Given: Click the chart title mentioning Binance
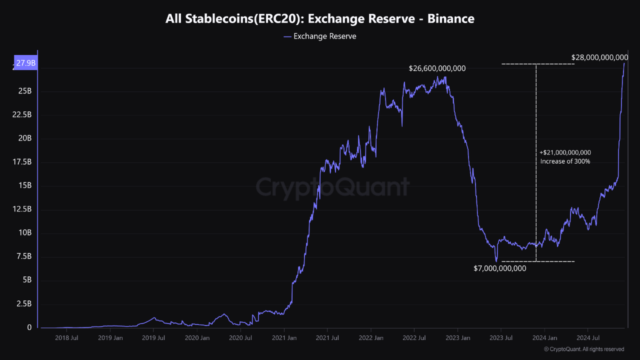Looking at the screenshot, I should (320, 19).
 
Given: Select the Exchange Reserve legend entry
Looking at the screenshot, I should (320, 36).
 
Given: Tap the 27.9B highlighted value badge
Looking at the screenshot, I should (25, 63).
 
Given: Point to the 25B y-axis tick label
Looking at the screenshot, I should (25, 91).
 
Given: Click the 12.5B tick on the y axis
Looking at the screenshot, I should (22, 209).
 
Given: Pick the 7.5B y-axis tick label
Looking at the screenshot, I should (24, 256).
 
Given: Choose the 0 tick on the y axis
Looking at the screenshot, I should (29, 327).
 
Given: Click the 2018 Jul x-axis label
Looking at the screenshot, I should (66, 338).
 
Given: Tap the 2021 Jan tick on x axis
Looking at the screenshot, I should (284, 338).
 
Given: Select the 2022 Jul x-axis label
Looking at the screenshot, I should (414, 338).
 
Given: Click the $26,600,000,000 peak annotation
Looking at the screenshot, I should (437, 68).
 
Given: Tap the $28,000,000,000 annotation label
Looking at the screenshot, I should (599, 58).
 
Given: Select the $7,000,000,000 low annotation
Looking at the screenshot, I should (499, 268).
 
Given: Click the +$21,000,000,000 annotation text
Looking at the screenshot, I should (565, 152).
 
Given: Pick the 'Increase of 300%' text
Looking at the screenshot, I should (565, 161).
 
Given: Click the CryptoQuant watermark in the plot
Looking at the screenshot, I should (332, 187).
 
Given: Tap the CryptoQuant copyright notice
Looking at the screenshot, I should (583, 349).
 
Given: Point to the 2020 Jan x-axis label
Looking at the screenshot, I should (197, 338).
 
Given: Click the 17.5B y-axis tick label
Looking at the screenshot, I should (22, 162).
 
